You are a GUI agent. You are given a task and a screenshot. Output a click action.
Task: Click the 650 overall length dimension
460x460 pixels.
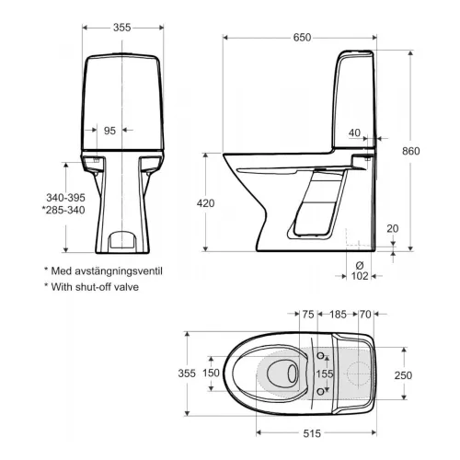click(302, 38)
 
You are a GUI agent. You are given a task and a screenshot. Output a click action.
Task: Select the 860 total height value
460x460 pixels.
click(411, 151)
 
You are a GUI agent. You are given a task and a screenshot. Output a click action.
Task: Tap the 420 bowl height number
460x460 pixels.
click(205, 203)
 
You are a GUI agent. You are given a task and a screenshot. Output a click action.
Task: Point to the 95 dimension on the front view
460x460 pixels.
click(109, 131)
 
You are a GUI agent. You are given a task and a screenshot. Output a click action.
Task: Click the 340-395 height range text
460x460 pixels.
click(65, 198)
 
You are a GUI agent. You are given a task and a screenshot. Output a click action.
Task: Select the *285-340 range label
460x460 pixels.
click(63, 210)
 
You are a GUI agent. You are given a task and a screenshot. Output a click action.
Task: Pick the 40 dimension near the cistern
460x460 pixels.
click(354, 132)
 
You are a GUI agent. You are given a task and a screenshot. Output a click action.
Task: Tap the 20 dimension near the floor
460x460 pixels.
click(393, 228)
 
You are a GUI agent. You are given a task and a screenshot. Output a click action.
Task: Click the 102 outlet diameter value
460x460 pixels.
click(360, 276)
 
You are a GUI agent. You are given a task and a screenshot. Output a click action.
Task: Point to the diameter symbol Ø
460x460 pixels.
click(360, 265)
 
